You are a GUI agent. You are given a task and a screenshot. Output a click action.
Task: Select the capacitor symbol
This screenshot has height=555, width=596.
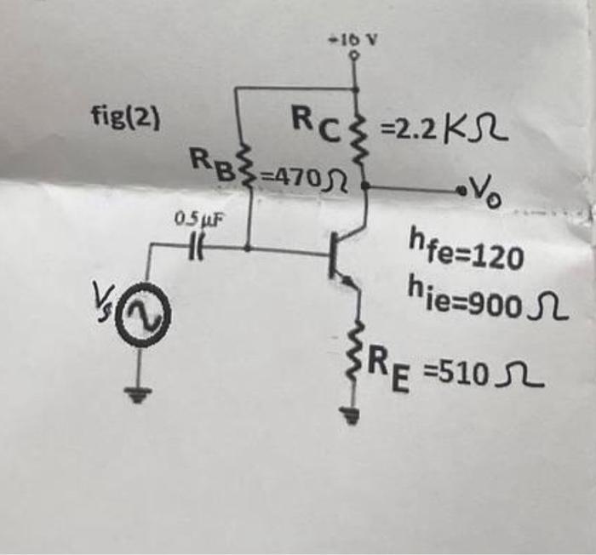point(196,248)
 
